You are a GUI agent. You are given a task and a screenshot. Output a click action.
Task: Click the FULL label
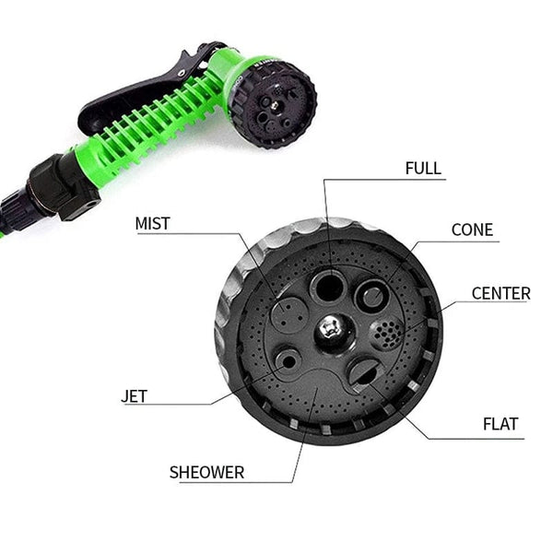(x=423, y=169)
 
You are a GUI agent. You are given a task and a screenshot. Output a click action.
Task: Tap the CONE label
(x=472, y=229)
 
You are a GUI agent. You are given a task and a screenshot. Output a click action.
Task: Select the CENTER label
(x=500, y=294)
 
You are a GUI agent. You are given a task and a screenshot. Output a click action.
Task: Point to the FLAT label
(x=500, y=425)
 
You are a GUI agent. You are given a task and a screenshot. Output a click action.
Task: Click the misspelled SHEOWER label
(x=206, y=473)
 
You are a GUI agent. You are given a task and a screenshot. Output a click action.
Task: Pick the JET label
(x=134, y=397)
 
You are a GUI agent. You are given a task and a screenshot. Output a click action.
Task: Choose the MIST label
(x=153, y=223)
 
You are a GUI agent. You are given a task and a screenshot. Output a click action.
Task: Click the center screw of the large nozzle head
(x=331, y=327)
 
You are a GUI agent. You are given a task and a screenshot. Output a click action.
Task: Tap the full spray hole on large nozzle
(x=327, y=287)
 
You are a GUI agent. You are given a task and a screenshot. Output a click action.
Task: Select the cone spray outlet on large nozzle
(x=372, y=297)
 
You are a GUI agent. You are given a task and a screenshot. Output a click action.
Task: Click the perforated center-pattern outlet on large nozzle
(x=384, y=333)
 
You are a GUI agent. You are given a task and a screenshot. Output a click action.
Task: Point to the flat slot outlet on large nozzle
(x=362, y=373)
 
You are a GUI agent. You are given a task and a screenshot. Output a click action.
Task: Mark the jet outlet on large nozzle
(x=288, y=359)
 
